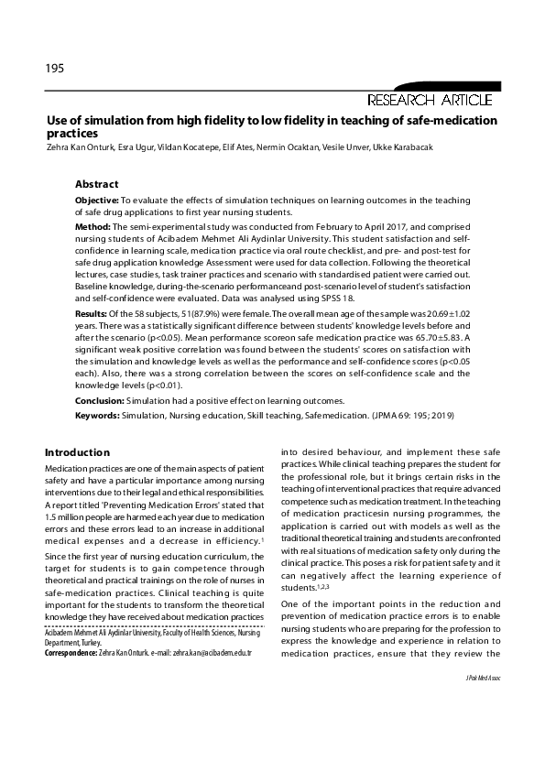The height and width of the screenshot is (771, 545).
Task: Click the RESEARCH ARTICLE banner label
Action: pyautogui.click(x=430, y=100)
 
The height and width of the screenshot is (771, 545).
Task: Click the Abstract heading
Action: pyautogui.click(x=96, y=184)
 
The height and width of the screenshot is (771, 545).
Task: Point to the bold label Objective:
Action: pyautogui.click(x=96, y=199)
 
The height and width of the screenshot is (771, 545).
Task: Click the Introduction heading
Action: pyautogui.click(x=77, y=452)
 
